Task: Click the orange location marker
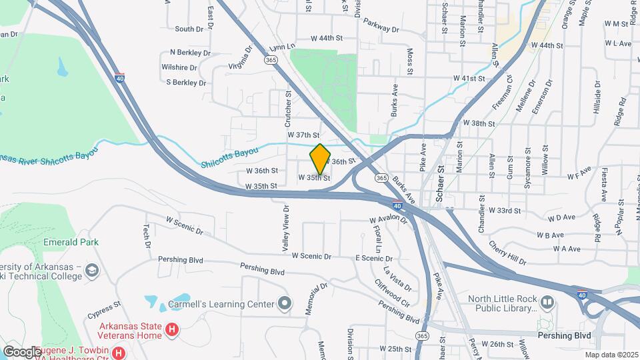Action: coord(320,159)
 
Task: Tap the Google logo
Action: coord(21,351)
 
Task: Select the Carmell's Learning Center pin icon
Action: coord(285,304)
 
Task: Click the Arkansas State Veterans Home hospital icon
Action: coord(172,329)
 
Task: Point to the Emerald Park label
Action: coord(71,241)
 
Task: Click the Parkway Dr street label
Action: coord(381,26)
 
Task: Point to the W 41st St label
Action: coord(469,78)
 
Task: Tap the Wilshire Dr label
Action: coord(179,67)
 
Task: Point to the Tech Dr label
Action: coord(145,235)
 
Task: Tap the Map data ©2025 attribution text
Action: coord(611,354)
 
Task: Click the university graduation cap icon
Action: coord(91,270)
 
